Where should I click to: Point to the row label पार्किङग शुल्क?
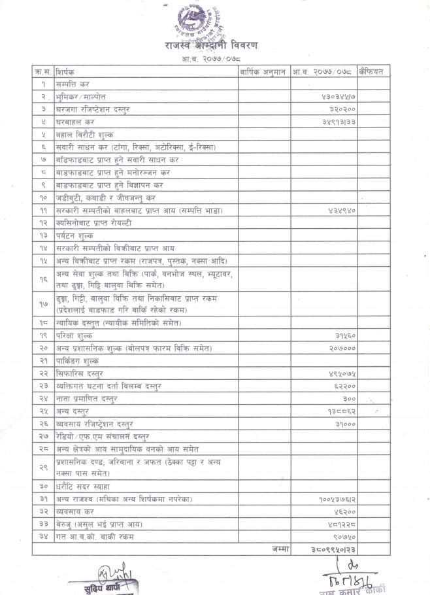[78, 361]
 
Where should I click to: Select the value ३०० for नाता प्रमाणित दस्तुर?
[349, 399]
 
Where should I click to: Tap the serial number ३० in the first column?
[43, 486]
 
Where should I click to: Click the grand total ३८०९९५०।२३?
[333, 550]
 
